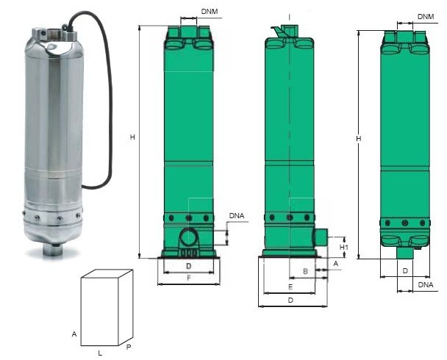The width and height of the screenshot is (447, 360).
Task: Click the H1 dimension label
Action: [x=344, y=247]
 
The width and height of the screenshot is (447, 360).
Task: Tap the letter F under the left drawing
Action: [x=189, y=278]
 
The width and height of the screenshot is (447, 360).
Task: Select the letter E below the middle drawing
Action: [x=290, y=287]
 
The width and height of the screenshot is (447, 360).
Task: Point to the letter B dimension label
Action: [x=305, y=271]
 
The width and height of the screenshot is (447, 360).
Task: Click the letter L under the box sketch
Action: [x=100, y=353]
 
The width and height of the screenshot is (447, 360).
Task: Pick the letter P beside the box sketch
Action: [x=129, y=348]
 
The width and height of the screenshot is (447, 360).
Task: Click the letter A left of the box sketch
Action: [x=74, y=334]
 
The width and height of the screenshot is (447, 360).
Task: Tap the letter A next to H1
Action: [x=336, y=264]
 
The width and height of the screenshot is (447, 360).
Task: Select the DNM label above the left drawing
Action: [x=210, y=12]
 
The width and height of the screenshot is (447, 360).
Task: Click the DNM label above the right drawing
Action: [x=426, y=16]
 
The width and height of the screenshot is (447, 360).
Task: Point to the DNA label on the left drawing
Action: [x=237, y=216]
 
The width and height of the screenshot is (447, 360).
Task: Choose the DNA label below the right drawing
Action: [x=426, y=284]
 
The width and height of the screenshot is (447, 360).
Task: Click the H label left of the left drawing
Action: [x=132, y=137]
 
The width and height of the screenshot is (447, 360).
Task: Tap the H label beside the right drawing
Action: [x=359, y=138]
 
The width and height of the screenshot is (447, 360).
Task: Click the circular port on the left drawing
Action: [x=189, y=237]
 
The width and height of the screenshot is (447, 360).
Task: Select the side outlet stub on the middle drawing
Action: [x=321, y=237]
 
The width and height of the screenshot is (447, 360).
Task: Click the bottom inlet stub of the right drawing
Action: [x=405, y=253]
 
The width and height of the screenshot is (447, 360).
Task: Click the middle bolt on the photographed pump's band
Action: [x=60, y=219]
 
